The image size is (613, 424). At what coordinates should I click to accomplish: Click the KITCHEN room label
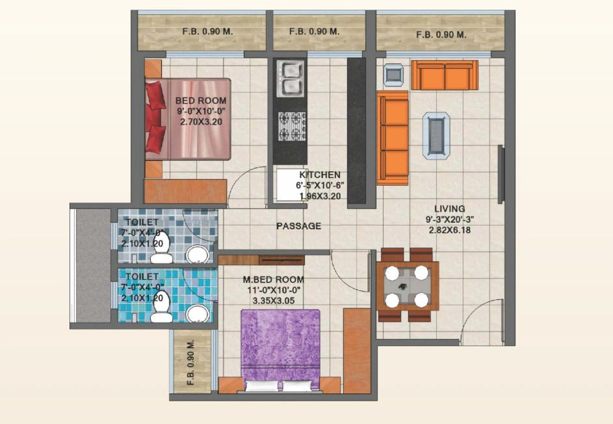click(320, 175)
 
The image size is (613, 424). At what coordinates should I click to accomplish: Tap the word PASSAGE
click(298, 226)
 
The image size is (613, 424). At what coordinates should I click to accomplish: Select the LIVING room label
click(450, 208)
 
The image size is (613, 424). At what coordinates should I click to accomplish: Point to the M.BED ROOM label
click(273, 280)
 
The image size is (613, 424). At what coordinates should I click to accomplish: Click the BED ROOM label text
click(201, 101)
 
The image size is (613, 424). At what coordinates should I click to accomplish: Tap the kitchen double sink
click(290, 78)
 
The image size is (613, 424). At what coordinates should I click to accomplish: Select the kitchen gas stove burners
click(292, 126)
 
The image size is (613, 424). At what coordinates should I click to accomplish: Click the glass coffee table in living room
click(436, 134)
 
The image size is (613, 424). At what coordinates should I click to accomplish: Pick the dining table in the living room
click(408, 286)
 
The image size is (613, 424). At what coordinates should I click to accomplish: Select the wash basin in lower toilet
click(199, 314)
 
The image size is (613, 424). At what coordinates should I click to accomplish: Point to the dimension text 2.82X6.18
click(450, 230)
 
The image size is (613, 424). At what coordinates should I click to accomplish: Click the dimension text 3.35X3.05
click(273, 301)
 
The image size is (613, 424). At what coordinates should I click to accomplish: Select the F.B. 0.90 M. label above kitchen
click(315, 31)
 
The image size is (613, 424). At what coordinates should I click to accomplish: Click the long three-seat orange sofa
click(393, 138)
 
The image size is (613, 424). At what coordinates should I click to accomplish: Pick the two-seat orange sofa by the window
click(445, 75)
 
